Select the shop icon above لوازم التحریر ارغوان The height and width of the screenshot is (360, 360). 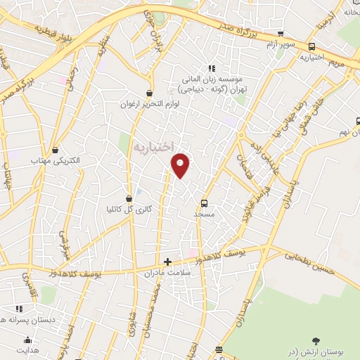149,93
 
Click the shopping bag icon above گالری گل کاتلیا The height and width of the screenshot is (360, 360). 129,198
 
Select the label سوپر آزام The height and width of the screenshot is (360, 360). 281,44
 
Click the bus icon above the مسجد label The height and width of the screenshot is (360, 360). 205,202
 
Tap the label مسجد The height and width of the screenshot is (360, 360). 205,214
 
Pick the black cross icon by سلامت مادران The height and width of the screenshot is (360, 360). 167,262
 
